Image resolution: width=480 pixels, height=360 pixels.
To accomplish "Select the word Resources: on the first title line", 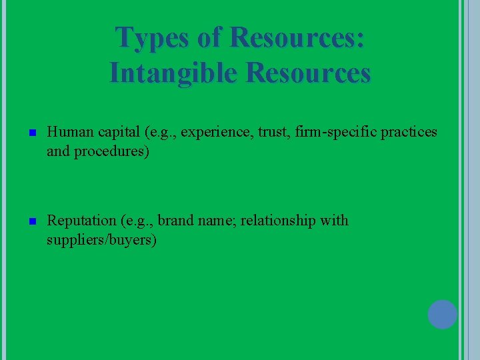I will coord(297,37).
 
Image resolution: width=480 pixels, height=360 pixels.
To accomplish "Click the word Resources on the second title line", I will coord(308,72).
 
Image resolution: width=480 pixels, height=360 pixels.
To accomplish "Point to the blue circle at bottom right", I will coord(442,314).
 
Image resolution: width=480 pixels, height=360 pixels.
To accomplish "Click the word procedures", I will coord(111,151).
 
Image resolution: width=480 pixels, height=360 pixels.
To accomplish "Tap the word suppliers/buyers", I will coord(101,239).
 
